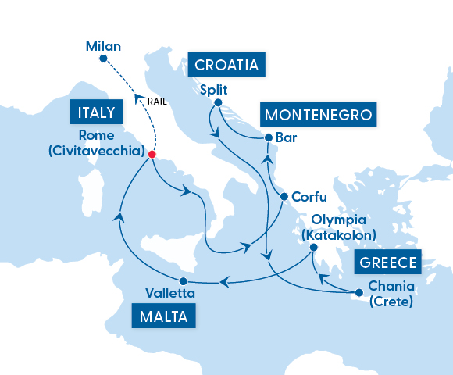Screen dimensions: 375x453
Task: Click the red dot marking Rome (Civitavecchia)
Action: (152, 155)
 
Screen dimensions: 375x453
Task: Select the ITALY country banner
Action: (97, 112)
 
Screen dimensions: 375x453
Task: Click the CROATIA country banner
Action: (226, 64)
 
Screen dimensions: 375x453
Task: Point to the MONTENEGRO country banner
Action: (317, 115)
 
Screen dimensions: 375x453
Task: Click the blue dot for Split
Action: (218, 103)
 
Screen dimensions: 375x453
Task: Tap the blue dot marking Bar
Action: (269, 137)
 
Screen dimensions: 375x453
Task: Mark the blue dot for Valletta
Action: (182, 281)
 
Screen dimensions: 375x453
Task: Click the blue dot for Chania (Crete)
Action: (359, 292)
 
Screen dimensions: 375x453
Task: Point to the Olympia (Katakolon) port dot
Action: (313, 248)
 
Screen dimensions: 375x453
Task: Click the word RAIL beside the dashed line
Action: (158, 101)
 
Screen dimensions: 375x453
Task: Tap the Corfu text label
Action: (309, 197)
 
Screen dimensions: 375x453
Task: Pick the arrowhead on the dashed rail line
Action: (137, 98)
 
